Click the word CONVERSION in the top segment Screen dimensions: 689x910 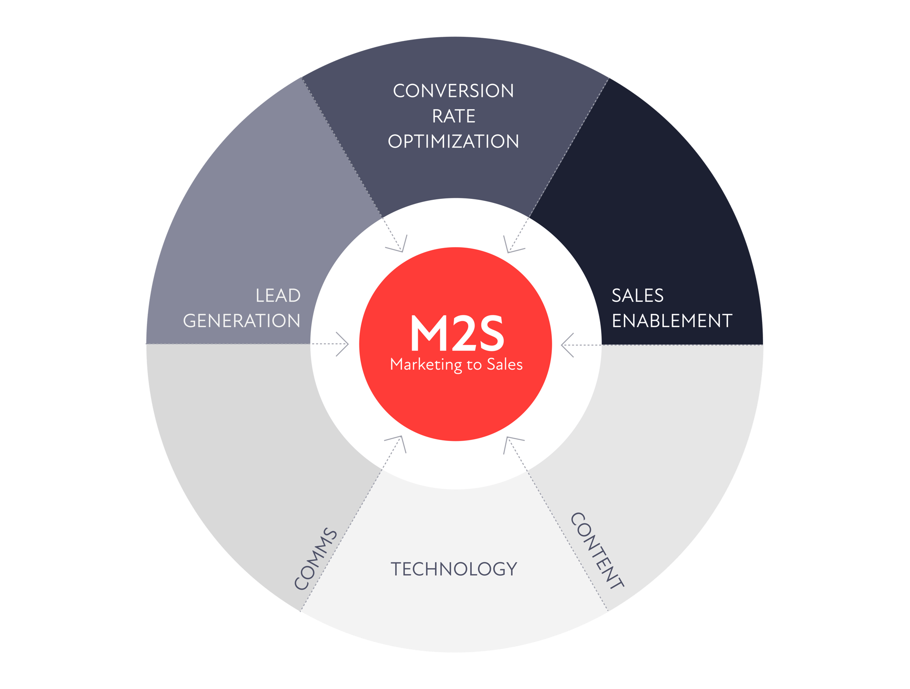(x=453, y=91)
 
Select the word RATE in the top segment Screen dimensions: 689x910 (x=454, y=117)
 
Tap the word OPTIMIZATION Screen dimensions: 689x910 (x=453, y=142)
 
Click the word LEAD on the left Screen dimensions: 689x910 (x=278, y=296)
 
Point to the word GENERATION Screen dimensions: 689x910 (x=242, y=321)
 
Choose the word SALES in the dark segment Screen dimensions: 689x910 (x=637, y=296)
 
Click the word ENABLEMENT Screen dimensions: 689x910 (x=672, y=321)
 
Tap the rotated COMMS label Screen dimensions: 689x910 (x=316, y=558)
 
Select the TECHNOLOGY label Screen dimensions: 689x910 (x=454, y=569)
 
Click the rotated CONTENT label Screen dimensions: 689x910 (x=597, y=551)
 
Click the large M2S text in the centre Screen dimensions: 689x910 (x=457, y=334)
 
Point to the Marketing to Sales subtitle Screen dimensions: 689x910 (x=456, y=365)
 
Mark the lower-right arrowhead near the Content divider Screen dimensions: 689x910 (x=511, y=442)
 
